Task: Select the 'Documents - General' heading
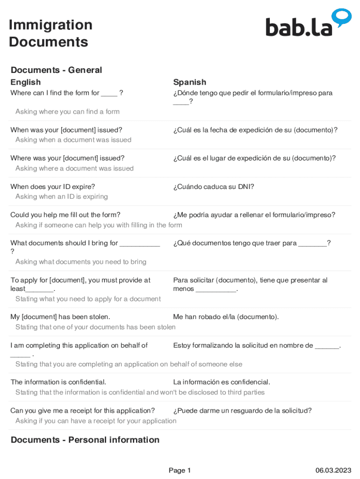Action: coord(56,70)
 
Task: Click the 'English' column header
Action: coord(26,82)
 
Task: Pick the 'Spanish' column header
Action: coord(189,82)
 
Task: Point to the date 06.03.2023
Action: coord(333,471)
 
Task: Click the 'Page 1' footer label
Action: coord(180,471)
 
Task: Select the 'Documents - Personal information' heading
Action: coord(85,440)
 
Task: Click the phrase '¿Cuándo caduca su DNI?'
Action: coord(214,187)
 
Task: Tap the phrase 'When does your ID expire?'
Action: coord(53,187)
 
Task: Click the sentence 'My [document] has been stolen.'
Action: coord(60,317)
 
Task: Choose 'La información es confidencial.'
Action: coord(222,382)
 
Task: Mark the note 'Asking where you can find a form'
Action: coord(67,112)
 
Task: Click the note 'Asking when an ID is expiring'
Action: coord(62,196)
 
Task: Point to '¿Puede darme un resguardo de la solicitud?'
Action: coord(242,411)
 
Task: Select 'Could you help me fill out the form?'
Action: coord(65,215)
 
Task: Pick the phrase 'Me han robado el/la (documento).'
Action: coord(226,317)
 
